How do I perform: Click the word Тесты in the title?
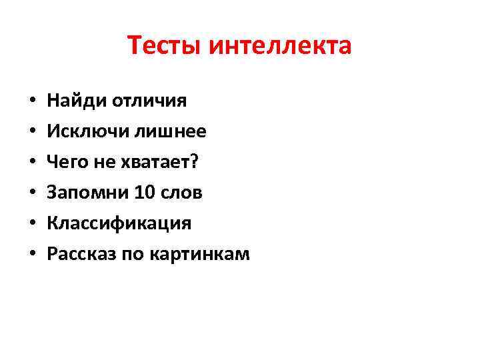pyautogui.click(x=165, y=46)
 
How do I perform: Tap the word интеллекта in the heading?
pyautogui.click(x=280, y=46)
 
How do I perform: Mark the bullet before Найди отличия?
pyautogui.click(x=32, y=102)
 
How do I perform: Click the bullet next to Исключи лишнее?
pyautogui.click(x=32, y=133)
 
